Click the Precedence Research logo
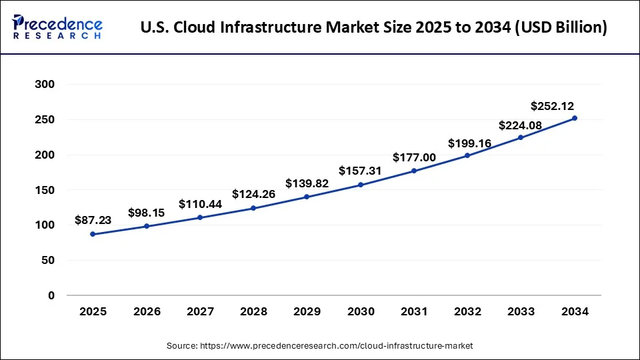57,27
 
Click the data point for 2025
93,234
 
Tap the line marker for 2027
200,217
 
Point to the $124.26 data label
253,194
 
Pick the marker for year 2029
307,197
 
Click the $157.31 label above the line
361,171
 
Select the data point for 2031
414,171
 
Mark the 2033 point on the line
521,137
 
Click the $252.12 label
552,106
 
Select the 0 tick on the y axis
51,295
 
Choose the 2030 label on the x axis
361,311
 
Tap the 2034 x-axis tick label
575,311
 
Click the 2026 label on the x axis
147,311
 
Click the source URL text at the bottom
319,345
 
